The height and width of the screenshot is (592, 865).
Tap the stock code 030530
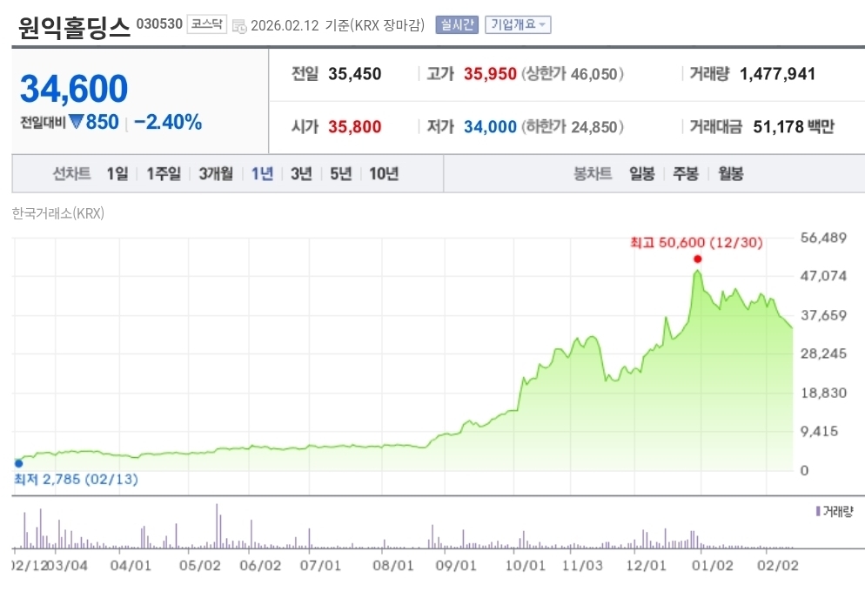tap(159, 24)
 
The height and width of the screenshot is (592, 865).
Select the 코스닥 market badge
tap(208, 24)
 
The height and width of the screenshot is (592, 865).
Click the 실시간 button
tap(457, 24)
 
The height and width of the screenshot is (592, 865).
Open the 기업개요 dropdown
tap(518, 24)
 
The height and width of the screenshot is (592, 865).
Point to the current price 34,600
tap(74, 89)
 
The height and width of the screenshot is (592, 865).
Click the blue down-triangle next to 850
tap(76, 122)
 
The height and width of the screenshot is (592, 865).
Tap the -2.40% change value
tap(168, 122)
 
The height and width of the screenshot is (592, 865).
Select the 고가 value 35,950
tap(490, 74)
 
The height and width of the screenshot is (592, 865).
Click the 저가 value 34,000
tap(490, 127)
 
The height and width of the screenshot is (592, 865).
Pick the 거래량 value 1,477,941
tap(777, 74)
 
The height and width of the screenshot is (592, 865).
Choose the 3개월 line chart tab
tap(216, 173)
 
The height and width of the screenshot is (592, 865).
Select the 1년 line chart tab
tap(262, 173)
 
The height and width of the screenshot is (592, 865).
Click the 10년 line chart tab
tap(384, 173)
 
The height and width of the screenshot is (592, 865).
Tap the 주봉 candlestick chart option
tap(686, 173)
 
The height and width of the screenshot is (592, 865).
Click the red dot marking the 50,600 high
tap(698, 259)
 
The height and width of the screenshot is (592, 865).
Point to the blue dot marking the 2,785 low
tap(18, 463)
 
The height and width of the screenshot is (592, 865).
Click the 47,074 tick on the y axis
tap(822, 276)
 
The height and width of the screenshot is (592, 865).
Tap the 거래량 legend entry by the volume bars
tap(837, 511)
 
